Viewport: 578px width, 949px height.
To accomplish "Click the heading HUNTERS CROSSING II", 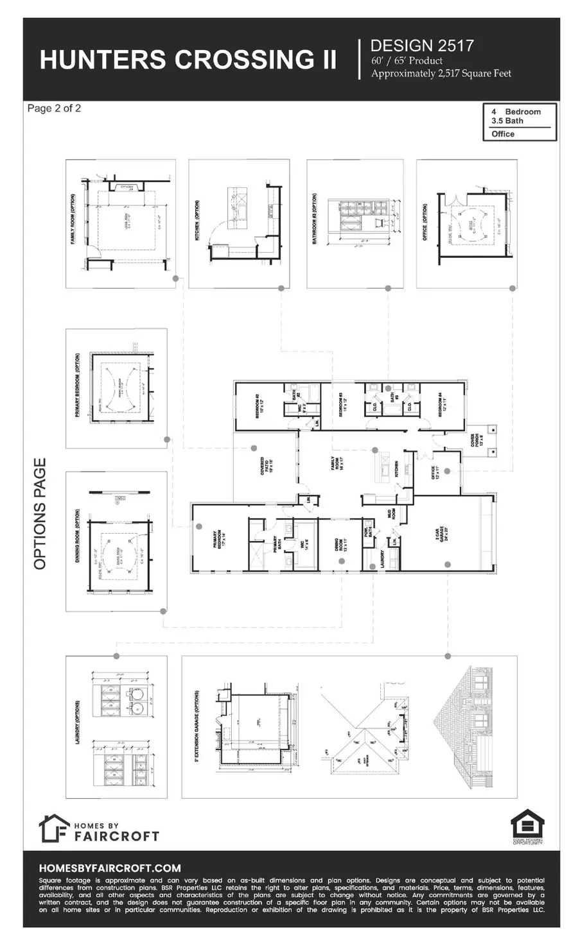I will point(188,60).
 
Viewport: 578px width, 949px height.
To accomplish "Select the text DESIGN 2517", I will point(422,46).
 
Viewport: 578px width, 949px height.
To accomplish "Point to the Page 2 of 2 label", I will point(54,108).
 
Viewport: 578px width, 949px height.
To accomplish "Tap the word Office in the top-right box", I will point(503,134).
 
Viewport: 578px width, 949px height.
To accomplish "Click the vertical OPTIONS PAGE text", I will point(40,513).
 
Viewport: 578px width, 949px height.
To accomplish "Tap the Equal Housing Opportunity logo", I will point(527,826).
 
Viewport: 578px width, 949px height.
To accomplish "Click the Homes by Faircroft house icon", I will point(53,828).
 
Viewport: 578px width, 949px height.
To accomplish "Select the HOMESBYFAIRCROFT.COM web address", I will point(110,868).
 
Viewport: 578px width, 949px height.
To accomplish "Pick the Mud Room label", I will point(392,513).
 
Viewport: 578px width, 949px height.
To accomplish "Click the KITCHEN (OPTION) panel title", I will point(197,220).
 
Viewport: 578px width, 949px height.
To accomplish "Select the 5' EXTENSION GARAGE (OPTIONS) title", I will point(197,726).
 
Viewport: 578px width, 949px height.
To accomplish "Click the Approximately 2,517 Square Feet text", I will point(441,74).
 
